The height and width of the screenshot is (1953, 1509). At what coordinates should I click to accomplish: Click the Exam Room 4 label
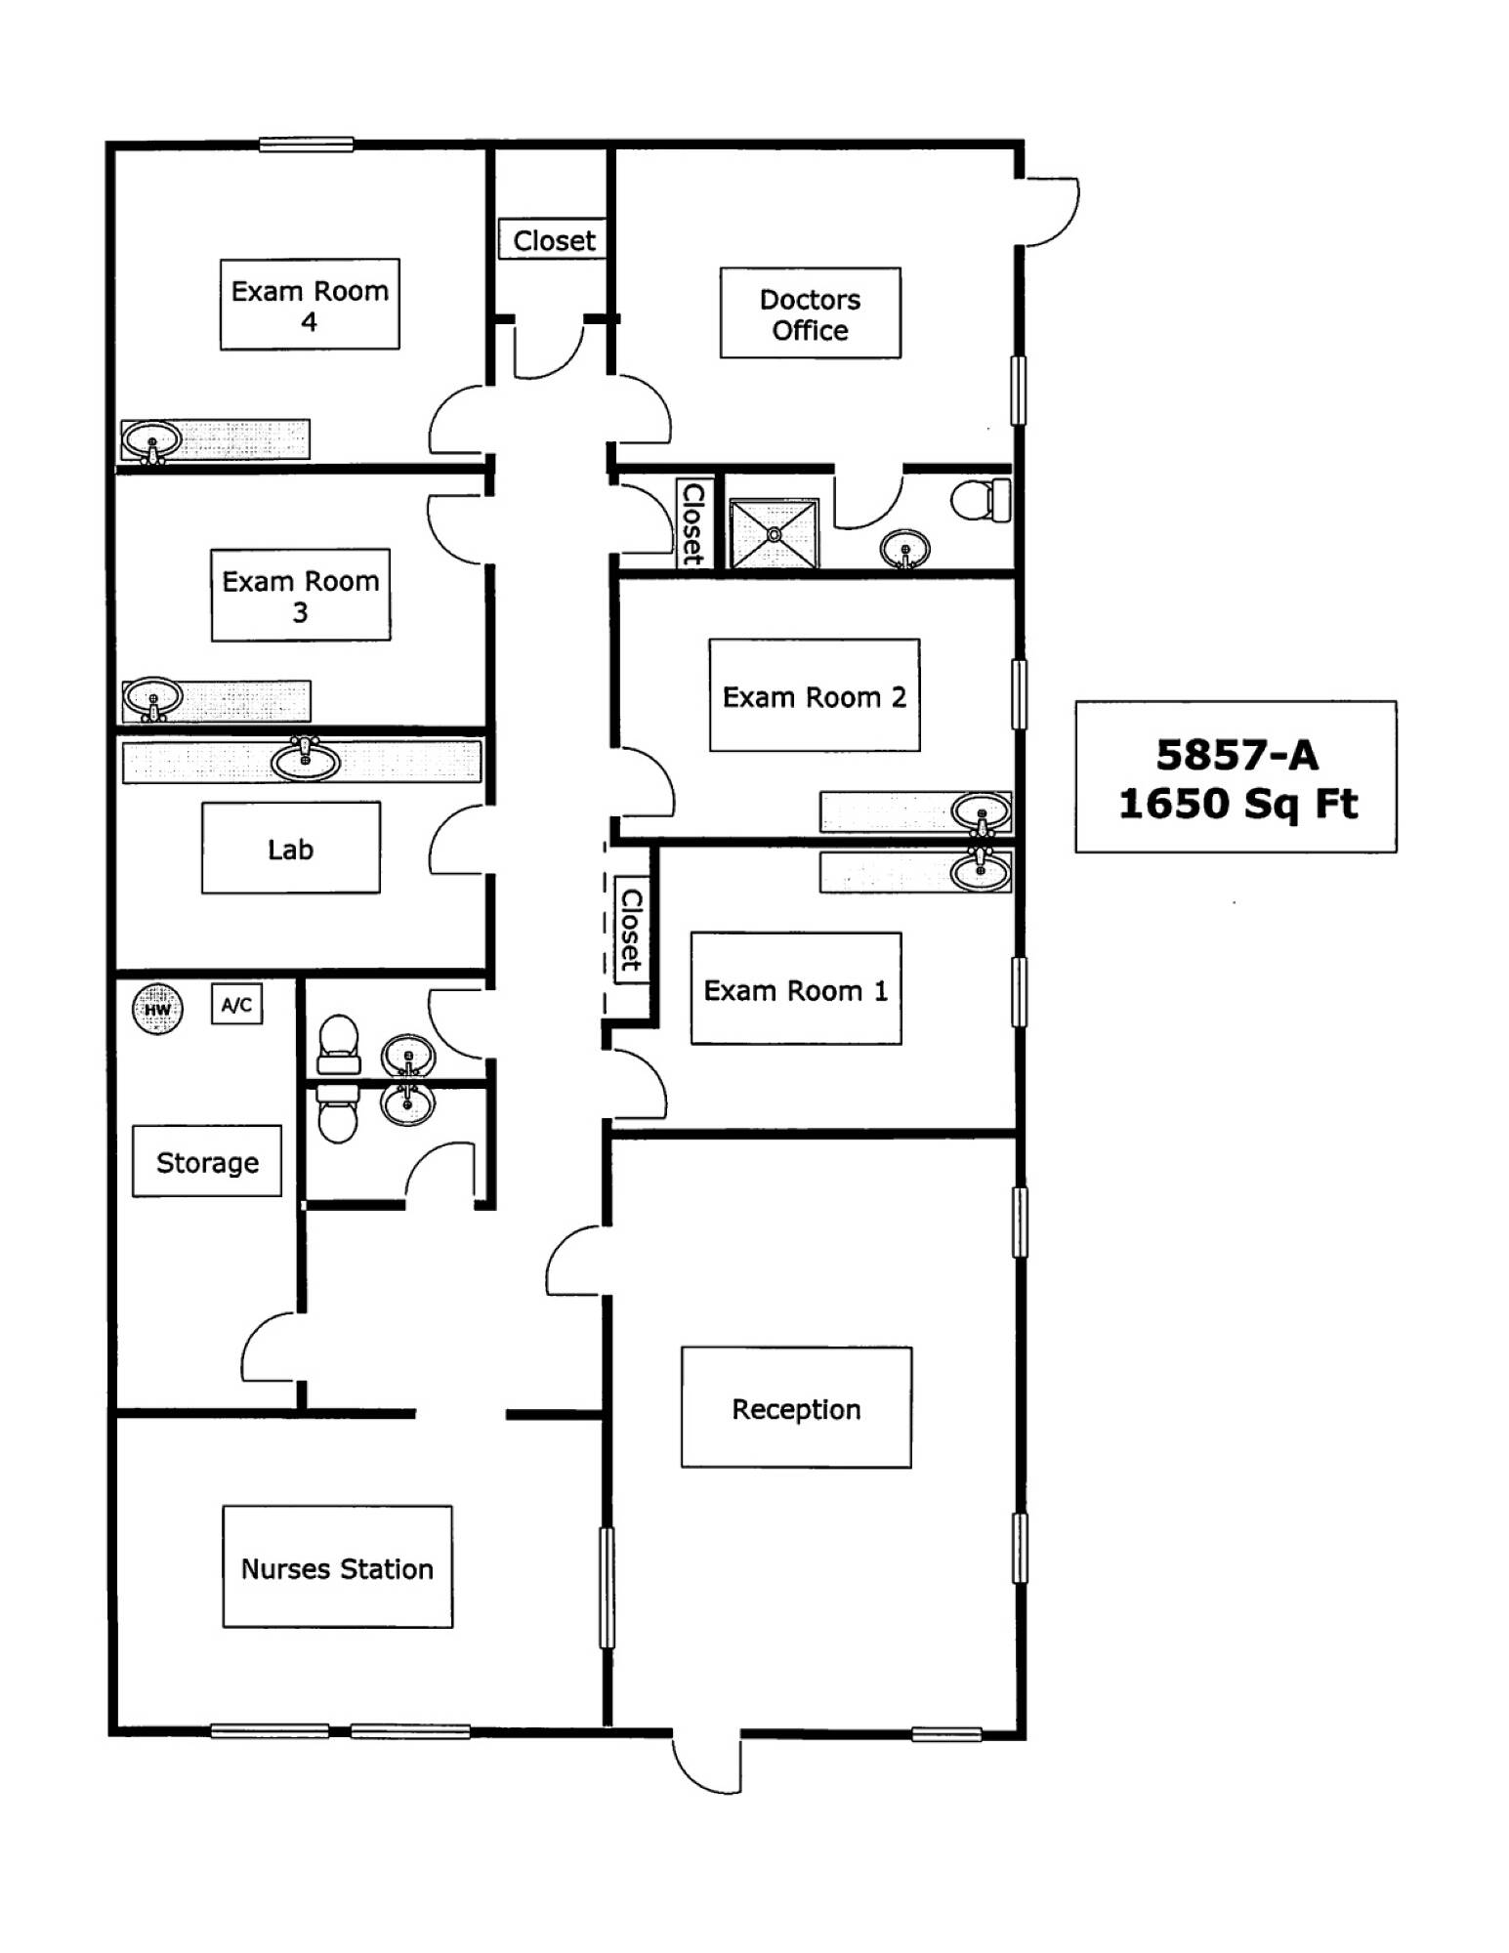point(310,305)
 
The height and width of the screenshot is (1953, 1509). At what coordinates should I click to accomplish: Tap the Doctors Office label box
point(810,313)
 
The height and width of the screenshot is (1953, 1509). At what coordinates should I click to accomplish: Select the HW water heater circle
point(157,1009)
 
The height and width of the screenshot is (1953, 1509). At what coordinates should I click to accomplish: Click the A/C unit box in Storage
point(236,1005)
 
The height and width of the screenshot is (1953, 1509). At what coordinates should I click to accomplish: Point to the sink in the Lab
point(306,758)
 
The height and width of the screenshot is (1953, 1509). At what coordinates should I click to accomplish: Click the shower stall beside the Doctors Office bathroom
point(775,533)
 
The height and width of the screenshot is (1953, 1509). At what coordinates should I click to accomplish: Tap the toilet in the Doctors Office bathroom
point(982,500)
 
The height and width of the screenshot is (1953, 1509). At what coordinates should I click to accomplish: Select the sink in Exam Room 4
point(151,439)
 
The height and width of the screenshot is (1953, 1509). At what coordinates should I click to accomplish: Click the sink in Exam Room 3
point(152,698)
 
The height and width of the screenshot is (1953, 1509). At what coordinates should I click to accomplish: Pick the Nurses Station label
point(337,1568)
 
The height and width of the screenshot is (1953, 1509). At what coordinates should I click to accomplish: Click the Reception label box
point(796,1408)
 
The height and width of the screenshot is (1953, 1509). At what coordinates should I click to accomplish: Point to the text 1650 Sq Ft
point(1237,805)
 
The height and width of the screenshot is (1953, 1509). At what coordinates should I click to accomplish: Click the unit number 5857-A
point(1237,755)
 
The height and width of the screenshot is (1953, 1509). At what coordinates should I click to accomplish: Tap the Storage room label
point(207,1162)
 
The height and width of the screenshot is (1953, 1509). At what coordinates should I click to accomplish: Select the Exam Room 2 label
point(815,696)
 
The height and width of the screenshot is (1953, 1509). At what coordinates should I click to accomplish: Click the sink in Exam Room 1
point(982,869)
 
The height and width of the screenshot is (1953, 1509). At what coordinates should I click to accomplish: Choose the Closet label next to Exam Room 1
point(632,930)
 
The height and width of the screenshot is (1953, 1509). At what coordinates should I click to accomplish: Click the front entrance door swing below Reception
point(706,1765)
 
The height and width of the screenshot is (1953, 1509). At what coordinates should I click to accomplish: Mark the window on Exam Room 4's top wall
point(306,145)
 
